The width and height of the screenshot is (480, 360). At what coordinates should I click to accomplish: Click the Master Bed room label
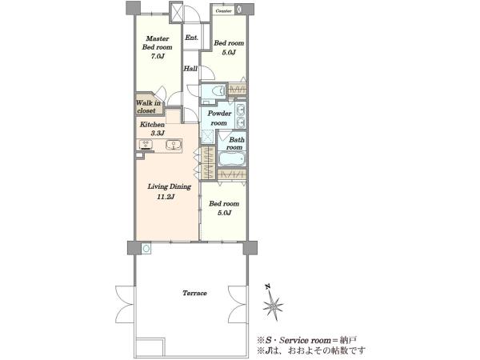[157, 47]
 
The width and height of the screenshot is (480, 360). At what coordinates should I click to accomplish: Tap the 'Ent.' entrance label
[192, 38]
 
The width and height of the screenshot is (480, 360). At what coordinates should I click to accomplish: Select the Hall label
[190, 69]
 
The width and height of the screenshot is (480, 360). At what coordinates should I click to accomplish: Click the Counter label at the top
[224, 11]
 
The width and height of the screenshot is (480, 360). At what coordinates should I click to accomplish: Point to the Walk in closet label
[148, 106]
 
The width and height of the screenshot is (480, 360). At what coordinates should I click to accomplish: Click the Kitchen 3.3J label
[153, 129]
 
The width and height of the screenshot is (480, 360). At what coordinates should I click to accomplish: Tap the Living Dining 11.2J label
[170, 191]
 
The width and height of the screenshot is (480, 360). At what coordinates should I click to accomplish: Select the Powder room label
[219, 118]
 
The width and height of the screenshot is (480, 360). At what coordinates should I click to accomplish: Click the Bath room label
[236, 143]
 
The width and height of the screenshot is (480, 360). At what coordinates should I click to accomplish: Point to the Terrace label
[194, 293]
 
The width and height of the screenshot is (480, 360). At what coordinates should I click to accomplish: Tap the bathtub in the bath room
[232, 159]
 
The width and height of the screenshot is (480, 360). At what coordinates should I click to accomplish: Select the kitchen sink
[174, 145]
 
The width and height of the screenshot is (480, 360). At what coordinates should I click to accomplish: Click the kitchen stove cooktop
[147, 144]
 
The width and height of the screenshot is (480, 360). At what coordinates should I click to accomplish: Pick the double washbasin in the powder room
[241, 115]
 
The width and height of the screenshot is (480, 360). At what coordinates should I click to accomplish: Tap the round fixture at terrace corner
[146, 248]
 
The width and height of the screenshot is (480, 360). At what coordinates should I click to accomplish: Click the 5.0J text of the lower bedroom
[224, 213]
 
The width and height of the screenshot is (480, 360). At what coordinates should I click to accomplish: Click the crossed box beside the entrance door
[176, 12]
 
